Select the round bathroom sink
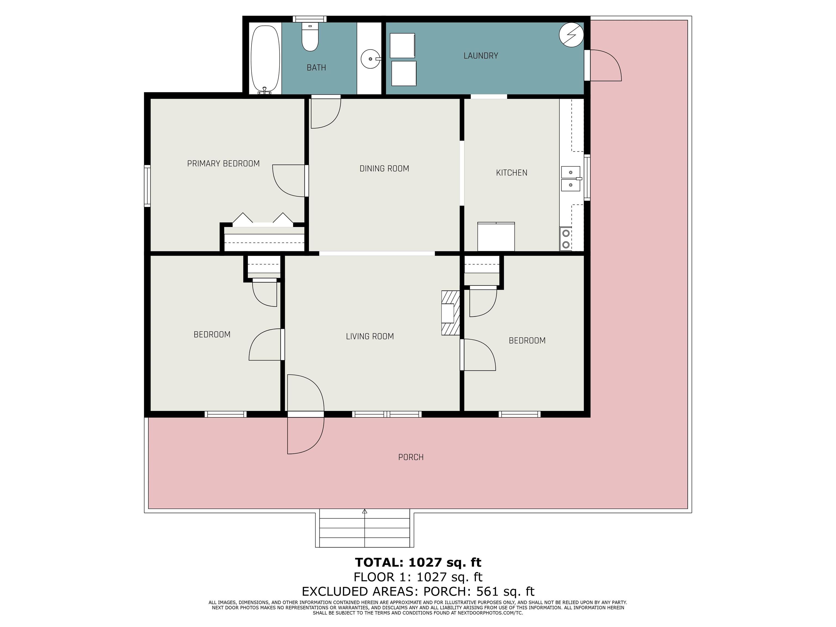[371, 59]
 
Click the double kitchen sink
[571, 179]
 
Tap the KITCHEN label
[511, 173]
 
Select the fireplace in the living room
[450, 313]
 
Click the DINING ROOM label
[384, 168]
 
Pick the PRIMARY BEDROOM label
[223, 164]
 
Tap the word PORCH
[411, 457]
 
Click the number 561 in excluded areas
[489, 591]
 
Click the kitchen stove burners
[566, 239]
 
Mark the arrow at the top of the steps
[365, 511]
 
